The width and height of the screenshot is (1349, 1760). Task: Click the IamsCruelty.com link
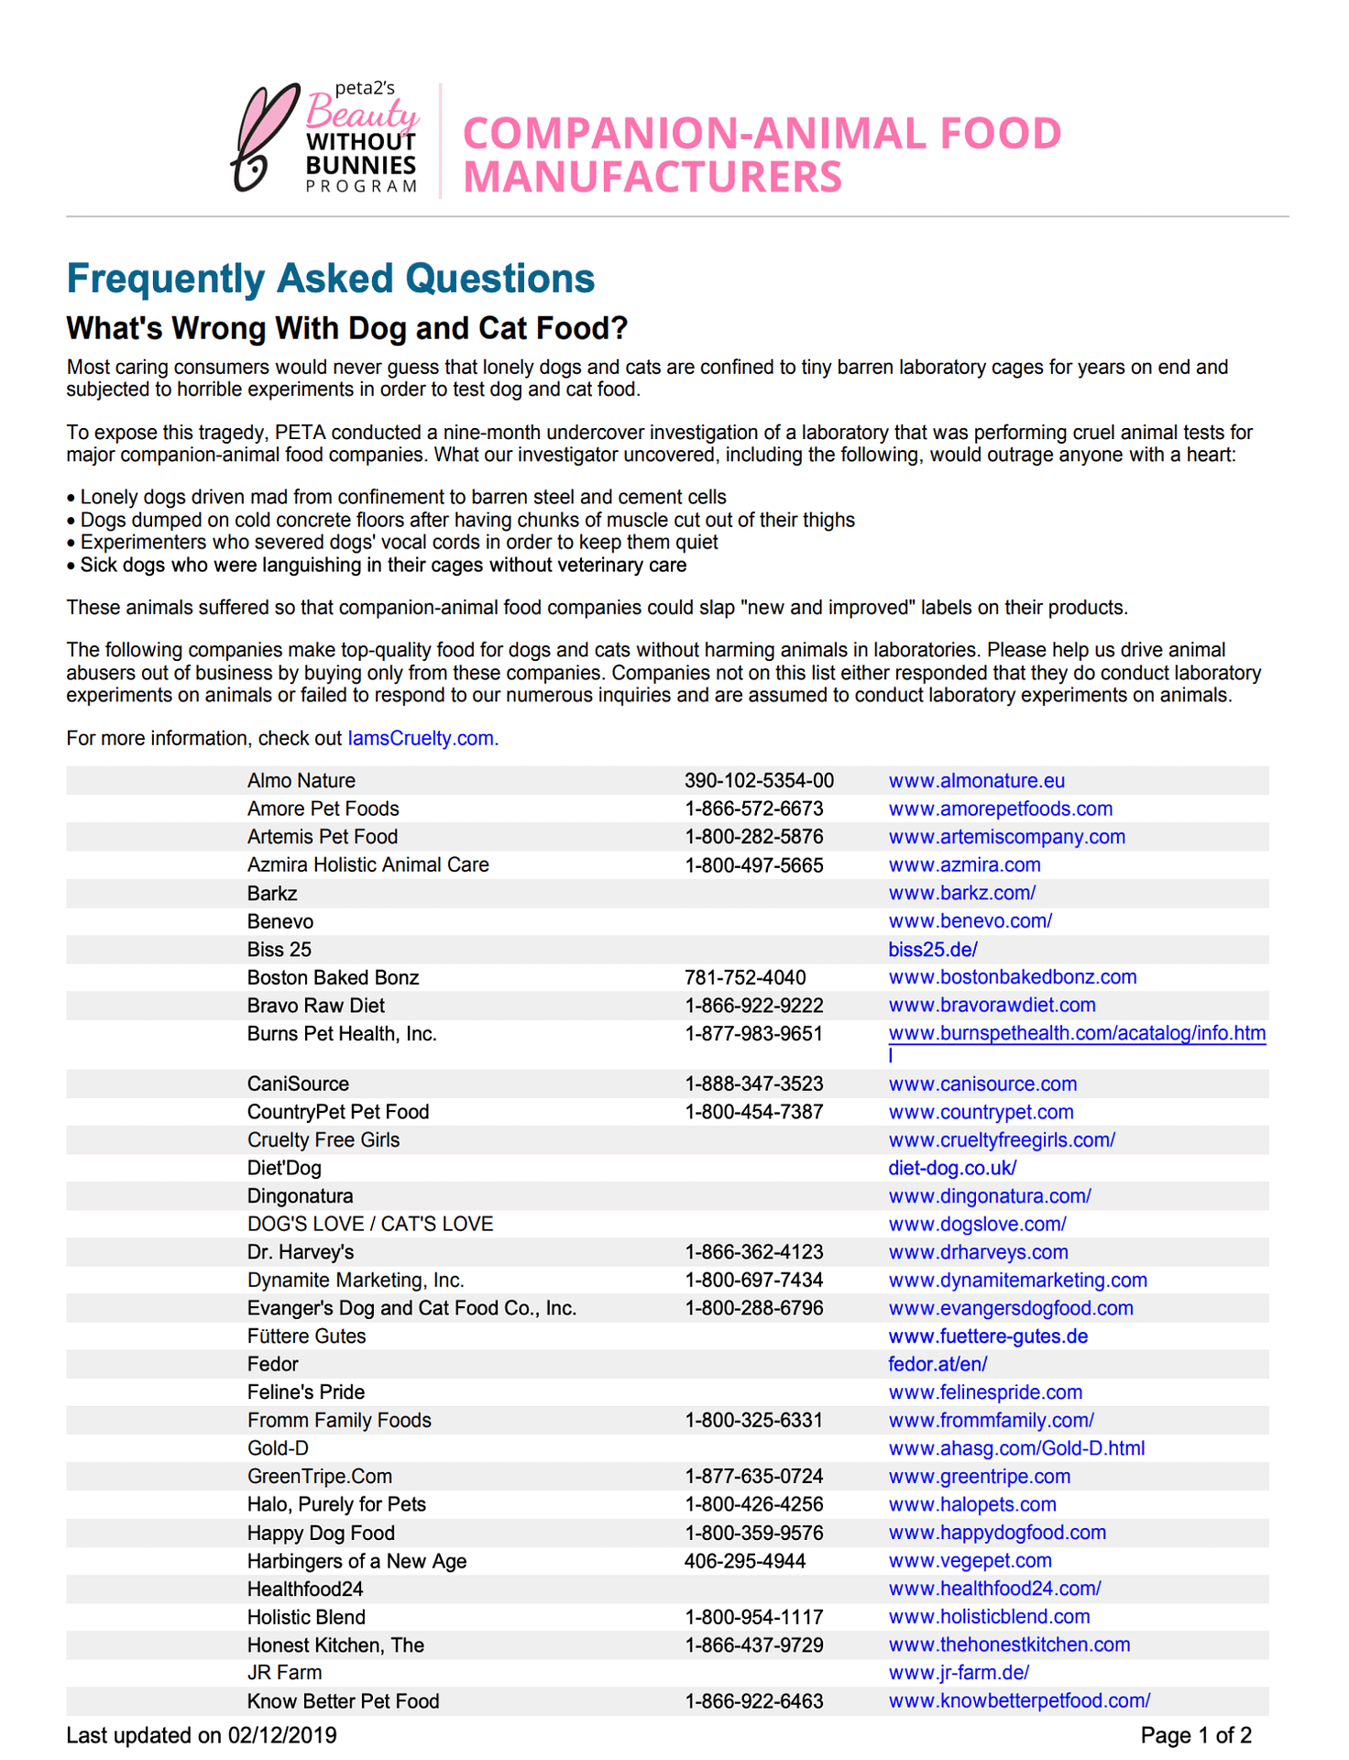pos(422,739)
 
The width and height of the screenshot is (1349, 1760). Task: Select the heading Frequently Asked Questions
pos(331,279)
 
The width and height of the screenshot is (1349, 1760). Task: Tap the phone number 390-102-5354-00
pos(759,781)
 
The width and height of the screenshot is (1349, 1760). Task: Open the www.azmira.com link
pos(964,865)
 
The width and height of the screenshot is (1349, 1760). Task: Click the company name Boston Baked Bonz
pos(333,978)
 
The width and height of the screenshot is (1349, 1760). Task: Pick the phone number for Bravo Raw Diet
pos(753,1006)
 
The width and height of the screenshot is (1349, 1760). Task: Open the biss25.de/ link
pos(932,950)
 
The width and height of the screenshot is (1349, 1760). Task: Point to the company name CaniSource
pos(298,1084)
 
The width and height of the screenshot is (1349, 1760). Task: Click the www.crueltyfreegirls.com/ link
pos(1001,1140)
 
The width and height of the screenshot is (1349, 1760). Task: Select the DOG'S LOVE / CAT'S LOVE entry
pos(370,1225)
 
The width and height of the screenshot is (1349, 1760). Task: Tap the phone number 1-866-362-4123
pos(753,1252)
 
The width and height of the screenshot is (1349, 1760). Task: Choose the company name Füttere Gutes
pos(306,1336)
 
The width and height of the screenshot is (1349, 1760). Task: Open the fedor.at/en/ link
pos(937,1365)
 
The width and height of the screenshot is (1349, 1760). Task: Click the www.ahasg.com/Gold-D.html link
pos(1016,1449)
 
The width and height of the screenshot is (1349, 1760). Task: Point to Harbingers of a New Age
pos(356,1561)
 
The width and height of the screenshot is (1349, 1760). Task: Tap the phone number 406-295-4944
pos(744,1561)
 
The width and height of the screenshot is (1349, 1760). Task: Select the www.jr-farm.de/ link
pos(959,1673)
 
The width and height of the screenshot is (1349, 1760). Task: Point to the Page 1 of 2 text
pos(1195,1735)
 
